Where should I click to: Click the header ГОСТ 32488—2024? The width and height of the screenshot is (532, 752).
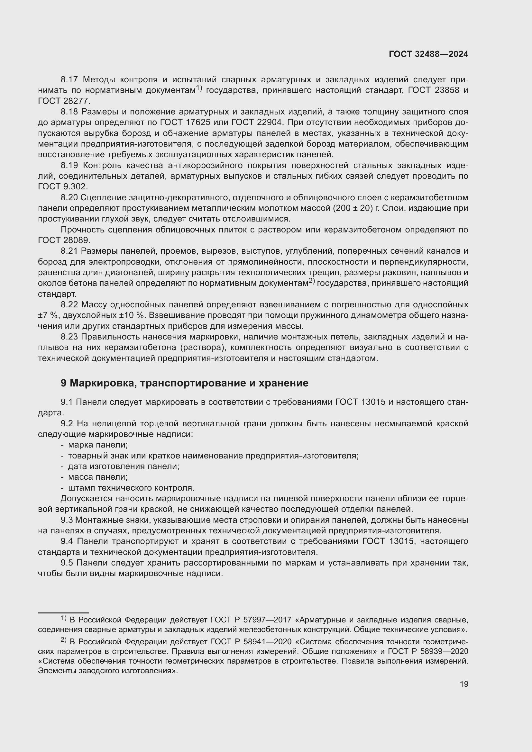(428, 54)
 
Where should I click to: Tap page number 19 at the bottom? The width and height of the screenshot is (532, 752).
(464, 684)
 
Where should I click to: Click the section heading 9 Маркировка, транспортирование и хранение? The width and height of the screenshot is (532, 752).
(184, 383)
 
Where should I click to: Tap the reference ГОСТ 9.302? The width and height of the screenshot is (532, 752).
(63, 187)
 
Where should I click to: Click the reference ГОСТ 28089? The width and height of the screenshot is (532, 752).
(64, 240)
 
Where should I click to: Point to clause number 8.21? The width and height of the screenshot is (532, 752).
(69, 251)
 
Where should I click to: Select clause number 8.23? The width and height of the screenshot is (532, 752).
(69, 337)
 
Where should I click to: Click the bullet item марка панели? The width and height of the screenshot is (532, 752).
(98, 445)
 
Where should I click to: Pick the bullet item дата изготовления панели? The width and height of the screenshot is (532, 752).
(124, 466)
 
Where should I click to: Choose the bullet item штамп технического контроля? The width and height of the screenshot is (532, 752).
(131, 488)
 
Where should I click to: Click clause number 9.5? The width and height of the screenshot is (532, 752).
(67, 563)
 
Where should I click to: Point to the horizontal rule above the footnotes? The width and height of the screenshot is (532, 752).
(63, 612)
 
